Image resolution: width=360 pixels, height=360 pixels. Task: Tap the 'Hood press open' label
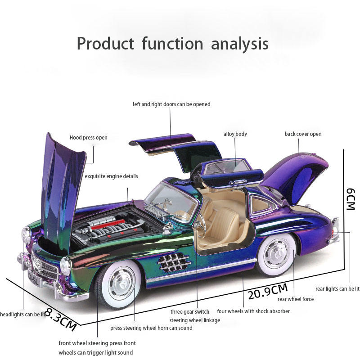88,138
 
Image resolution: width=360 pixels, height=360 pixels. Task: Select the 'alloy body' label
235,134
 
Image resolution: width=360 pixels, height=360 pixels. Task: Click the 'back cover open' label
303,134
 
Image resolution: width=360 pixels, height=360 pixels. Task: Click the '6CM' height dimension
351,198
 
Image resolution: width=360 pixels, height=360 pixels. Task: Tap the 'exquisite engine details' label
112,176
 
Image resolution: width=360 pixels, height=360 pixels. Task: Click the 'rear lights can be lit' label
337,289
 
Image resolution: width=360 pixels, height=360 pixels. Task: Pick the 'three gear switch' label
189,311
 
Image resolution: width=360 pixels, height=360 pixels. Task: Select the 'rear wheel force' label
296,299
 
